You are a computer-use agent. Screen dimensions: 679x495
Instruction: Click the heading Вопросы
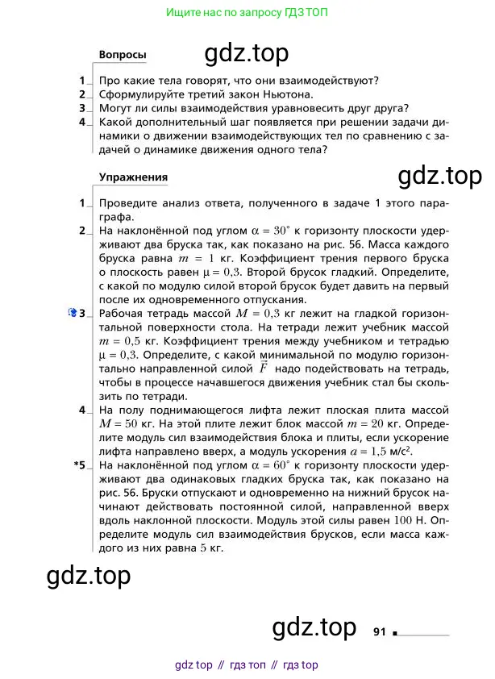point(123,55)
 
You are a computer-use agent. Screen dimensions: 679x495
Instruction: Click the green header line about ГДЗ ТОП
point(247,13)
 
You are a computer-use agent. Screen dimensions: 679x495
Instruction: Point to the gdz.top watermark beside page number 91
point(314,627)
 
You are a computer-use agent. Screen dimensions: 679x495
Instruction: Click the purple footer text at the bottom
point(247,665)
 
